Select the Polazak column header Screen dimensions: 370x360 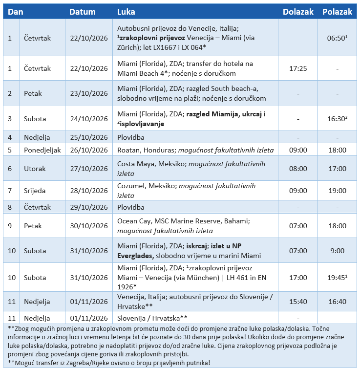coord(337,12)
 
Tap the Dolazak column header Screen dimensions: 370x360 coord(298,12)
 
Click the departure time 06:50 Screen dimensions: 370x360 coord(337,37)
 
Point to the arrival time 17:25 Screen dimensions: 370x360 coord(298,68)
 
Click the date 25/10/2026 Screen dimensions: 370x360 coord(89,137)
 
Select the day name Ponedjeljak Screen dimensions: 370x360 coord(42,150)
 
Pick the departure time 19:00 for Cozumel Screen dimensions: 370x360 coord(337,191)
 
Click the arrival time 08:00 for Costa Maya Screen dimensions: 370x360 coord(298,169)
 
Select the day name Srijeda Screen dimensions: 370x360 coord(35,191)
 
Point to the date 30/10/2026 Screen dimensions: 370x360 coord(89,226)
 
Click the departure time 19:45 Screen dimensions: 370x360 coord(337,278)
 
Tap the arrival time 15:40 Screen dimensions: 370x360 coord(298,302)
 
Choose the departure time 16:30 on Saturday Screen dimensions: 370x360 coord(337,119)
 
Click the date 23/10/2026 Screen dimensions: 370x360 coord(89,93)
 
